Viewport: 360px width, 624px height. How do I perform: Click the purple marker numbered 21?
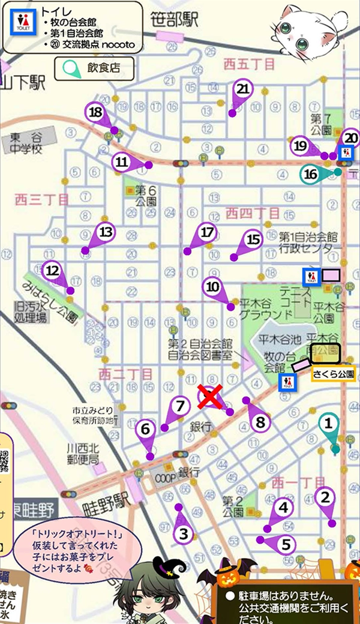click(243, 89)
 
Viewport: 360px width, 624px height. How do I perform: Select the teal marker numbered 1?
click(328, 424)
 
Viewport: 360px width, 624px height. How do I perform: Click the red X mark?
click(208, 397)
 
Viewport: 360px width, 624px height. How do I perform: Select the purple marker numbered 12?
click(53, 271)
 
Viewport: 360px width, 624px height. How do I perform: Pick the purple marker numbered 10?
click(213, 287)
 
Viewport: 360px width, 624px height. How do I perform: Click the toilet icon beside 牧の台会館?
click(287, 382)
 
